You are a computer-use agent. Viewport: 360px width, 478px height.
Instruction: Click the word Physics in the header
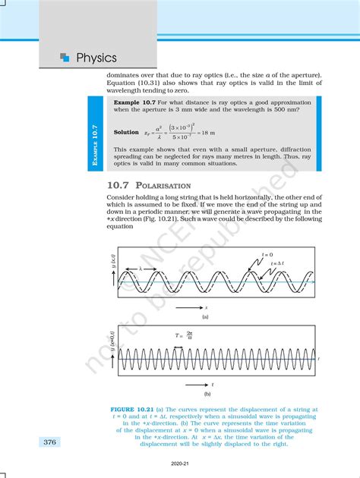(96, 58)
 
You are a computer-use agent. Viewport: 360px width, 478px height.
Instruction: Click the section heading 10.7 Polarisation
(149, 185)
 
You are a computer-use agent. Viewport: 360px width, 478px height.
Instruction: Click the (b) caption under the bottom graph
(207, 394)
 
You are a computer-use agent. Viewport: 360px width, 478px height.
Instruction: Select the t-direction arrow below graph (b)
(194, 384)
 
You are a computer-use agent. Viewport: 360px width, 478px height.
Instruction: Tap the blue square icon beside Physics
(65, 57)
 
